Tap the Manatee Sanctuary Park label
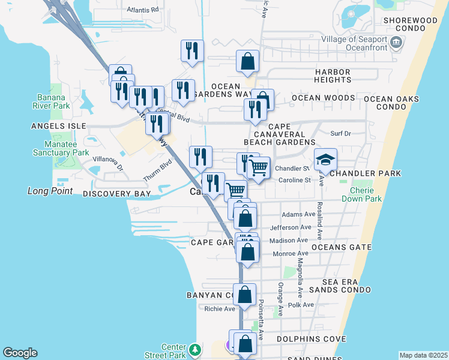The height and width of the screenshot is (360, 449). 66,148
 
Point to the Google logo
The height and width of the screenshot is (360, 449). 20,353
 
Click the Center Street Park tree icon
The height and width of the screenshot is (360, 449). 194,349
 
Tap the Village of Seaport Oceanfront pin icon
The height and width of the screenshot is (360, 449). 396,43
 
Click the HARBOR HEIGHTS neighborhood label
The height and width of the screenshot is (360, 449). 333,76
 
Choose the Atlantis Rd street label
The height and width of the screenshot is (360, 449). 143,10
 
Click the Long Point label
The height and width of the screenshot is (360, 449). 50,191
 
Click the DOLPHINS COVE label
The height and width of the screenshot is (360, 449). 302,339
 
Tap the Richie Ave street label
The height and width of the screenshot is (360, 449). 220,309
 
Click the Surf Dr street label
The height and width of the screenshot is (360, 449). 340,133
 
